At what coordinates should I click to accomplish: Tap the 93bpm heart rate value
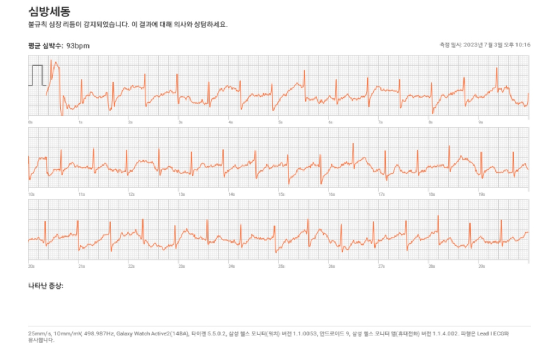(x=78, y=46)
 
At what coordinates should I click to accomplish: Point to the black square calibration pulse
(x=37, y=75)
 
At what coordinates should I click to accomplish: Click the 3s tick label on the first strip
(x=180, y=122)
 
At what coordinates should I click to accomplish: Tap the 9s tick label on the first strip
(x=480, y=122)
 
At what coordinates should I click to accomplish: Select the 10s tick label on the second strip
(x=32, y=194)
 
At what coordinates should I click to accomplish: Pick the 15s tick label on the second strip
(x=282, y=194)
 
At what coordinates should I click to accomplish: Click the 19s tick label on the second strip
(x=481, y=194)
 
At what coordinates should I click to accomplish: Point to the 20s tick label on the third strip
(x=32, y=266)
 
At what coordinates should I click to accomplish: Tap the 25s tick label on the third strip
(x=282, y=266)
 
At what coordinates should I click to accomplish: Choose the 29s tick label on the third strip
(x=481, y=266)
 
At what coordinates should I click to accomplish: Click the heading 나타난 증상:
(x=45, y=286)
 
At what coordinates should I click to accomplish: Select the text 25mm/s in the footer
(x=38, y=333)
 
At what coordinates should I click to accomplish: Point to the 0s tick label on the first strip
(x=31, y=122)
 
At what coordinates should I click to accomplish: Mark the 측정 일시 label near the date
(x=450, y=45)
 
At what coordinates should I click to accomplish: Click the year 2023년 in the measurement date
(x=473, y=45)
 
